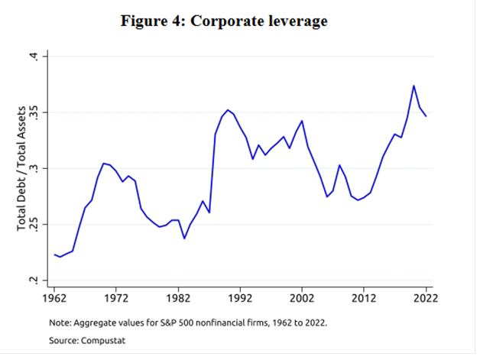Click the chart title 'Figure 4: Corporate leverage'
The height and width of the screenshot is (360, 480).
224,21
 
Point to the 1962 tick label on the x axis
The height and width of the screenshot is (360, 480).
54,298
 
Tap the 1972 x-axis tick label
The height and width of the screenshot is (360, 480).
116,298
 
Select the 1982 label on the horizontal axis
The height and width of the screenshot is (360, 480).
178,298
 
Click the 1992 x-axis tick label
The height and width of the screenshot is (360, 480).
240,298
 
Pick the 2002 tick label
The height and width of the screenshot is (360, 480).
302,298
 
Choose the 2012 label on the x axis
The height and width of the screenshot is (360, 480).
364,298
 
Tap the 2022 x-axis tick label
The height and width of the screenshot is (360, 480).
426,298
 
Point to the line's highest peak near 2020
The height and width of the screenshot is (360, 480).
414,86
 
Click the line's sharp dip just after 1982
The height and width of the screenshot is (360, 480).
184,238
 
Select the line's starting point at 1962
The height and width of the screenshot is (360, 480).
54,255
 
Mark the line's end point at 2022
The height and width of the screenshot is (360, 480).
426,115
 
